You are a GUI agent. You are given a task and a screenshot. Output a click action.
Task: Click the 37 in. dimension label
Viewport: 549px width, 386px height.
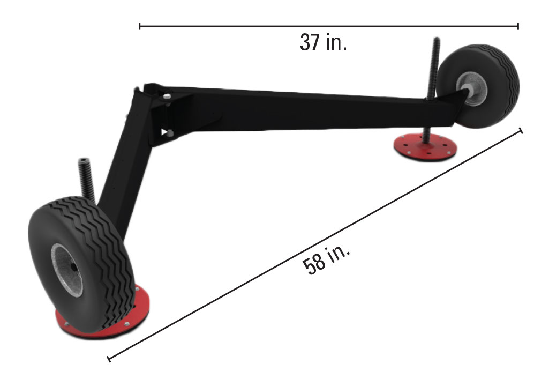tap(323, 42)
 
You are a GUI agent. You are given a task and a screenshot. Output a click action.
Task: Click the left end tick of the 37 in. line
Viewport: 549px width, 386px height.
tap(140, 26)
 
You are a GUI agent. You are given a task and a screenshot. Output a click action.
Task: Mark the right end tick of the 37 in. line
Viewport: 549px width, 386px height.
tap(518, 26)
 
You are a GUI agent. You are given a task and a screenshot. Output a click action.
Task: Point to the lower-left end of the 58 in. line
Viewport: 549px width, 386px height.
tap(109, 358)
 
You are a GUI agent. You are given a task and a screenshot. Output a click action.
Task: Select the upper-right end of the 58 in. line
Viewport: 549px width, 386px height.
tap(521, 130)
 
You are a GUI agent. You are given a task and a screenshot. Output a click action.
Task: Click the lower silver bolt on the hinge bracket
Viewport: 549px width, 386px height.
tap(170, 133)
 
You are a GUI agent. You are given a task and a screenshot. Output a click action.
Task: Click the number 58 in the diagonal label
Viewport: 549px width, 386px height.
tap(313, 264)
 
